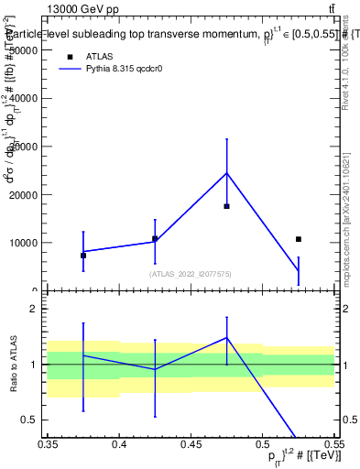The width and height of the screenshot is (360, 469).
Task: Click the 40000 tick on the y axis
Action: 26,98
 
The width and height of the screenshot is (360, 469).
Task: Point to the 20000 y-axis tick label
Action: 26,195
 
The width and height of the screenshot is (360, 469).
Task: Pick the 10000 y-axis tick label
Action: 26,244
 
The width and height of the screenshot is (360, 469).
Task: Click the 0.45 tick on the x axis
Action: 191,443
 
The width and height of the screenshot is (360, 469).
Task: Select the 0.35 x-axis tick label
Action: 48,443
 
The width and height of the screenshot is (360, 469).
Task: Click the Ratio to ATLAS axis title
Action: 13,365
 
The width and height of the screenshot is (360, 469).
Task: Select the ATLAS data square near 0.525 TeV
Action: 298,239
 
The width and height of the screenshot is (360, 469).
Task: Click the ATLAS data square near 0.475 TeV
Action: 226,206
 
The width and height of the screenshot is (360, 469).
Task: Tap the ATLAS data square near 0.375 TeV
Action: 83,256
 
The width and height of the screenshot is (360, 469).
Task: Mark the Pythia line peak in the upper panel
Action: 226,173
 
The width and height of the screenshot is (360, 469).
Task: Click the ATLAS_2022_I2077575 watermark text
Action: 191,273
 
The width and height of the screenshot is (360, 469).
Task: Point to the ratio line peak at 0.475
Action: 226,337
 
